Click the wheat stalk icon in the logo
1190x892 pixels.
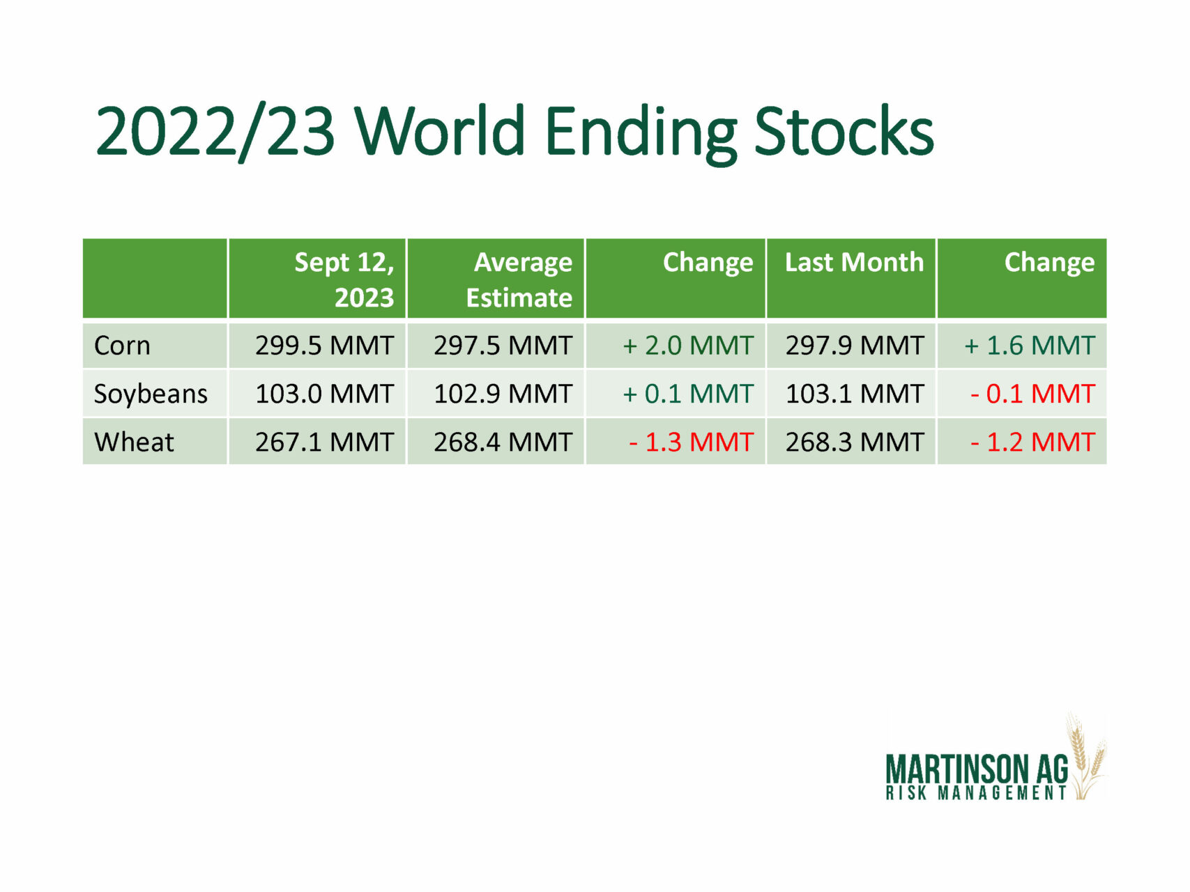tap(1086, 757)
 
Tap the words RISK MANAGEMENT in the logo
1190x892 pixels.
tap(976, 793)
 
